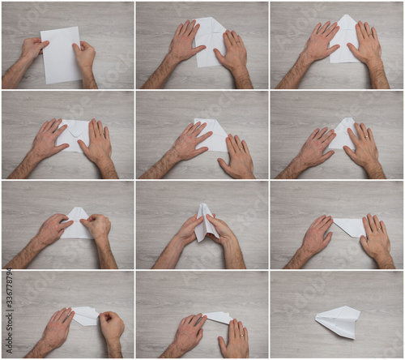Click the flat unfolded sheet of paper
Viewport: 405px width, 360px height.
(x=61, y=55)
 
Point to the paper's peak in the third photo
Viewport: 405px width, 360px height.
(x=347, y=17)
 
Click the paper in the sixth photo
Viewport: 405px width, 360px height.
(x=341, y=132)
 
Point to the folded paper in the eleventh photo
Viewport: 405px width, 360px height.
(x=218, y=317)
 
